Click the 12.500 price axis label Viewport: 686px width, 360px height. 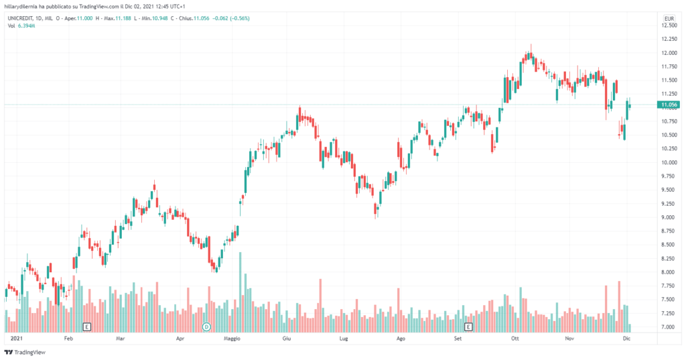[668, 25]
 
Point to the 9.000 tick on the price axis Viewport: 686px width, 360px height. [668, 217]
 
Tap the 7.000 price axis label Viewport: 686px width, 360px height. [668, 327]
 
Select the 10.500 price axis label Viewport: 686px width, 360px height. [668, 135]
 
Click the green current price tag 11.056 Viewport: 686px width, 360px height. [669, 105]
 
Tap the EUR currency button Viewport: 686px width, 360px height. [668, 18]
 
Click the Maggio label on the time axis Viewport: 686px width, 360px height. [232, 339]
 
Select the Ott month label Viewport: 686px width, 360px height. [515, 339]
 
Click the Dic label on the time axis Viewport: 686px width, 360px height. [626, 339]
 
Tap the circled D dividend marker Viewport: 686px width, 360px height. [207, 326]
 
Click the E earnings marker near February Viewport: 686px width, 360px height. [86, 326]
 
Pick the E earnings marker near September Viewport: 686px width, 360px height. [468, 326]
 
